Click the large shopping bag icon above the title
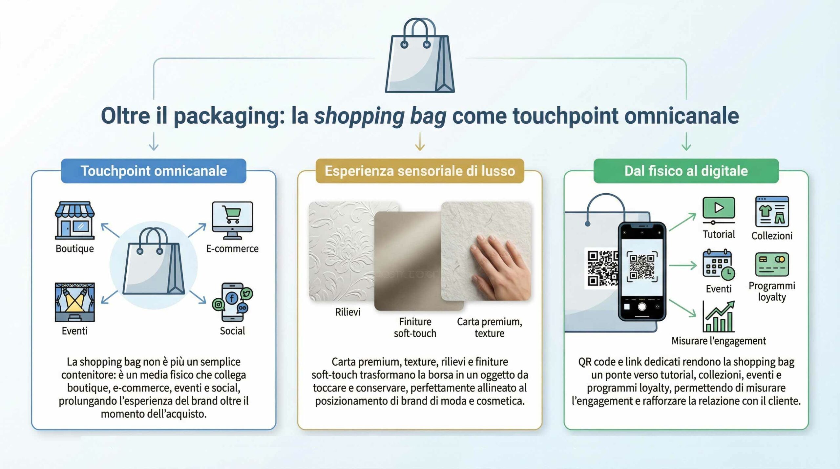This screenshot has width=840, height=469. (420, 56)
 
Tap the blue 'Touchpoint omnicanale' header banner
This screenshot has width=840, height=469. (154, 171)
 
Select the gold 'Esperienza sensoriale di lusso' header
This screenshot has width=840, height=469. (420, 171)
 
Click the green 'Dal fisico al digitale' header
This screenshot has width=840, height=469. (686, 171)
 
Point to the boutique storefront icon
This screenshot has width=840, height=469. (75, 221)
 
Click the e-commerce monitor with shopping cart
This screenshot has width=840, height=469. (232, 221)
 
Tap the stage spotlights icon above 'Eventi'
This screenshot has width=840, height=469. (75, 302)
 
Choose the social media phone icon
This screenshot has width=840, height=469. (232, 302)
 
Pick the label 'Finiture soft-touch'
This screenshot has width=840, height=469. (415, 328)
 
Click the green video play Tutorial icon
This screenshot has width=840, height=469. (719, 210)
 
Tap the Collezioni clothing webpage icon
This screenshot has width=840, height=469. (772, 212)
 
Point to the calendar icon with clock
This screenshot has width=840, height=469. (719, 265)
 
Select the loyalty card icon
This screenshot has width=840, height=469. (772, 264)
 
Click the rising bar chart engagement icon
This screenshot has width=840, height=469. (719, 317)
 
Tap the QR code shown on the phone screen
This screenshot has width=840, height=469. (642, 266)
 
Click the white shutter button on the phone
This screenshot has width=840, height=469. (642, 307)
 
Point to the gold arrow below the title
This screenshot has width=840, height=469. (420, 141)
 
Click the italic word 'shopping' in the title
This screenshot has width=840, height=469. (359, 116)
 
